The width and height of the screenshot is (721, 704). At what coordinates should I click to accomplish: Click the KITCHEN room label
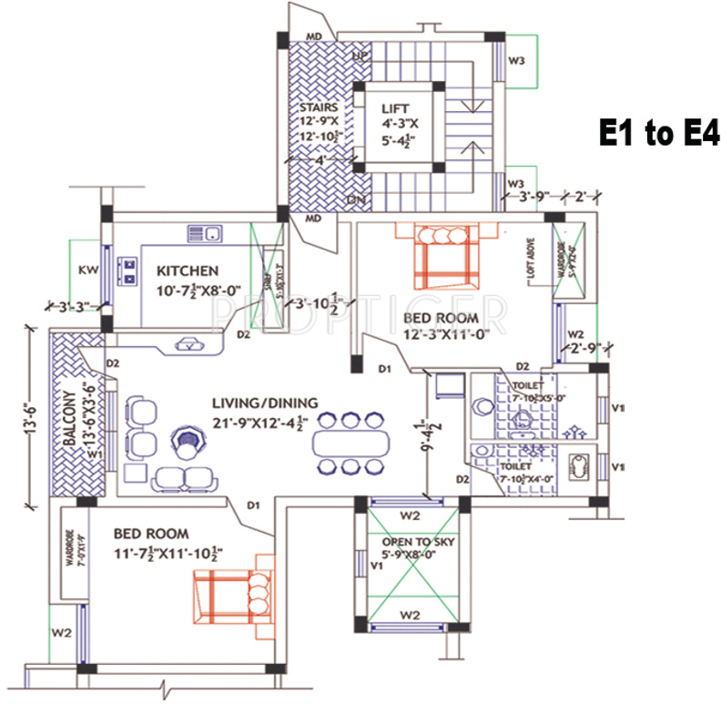188,270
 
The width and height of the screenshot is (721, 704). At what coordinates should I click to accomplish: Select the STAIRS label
319,107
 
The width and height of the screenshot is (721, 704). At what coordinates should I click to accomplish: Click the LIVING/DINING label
264,403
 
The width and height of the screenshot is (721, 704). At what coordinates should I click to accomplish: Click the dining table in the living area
350,444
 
